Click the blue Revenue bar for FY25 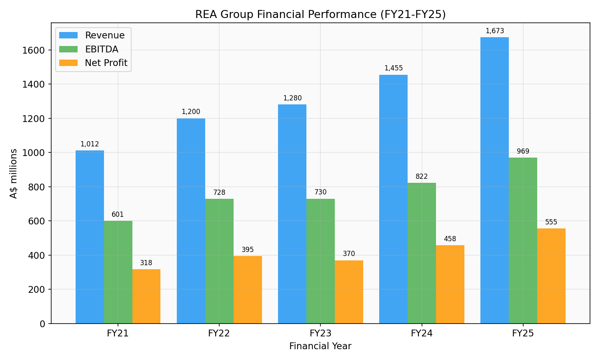point(494,180)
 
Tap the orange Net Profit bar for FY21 point(146,296)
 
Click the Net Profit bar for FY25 point(551,276)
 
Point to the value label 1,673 point(494,31)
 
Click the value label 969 point(523,152)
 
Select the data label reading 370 point(349,254)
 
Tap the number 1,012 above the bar point(90,144)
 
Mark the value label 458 point(450,239)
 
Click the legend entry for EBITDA point(102,49)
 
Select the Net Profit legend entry point(106,63)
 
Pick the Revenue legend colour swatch point(68,35)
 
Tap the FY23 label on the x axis point(320,334)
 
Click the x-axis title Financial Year point(320,346)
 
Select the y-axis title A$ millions point(14,173)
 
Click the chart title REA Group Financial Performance point(320,14)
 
